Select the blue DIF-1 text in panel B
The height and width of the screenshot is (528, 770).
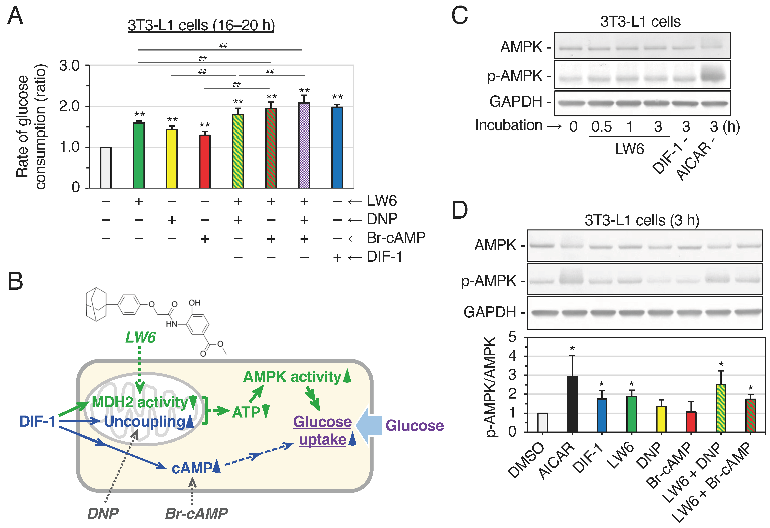(37, 421)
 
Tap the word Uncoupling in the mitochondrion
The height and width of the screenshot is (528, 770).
(144, 422)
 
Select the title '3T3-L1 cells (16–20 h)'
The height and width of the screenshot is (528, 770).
(201, 25)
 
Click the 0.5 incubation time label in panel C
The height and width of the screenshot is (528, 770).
(601, 126)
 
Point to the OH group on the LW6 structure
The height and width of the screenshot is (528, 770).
(195, 303)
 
